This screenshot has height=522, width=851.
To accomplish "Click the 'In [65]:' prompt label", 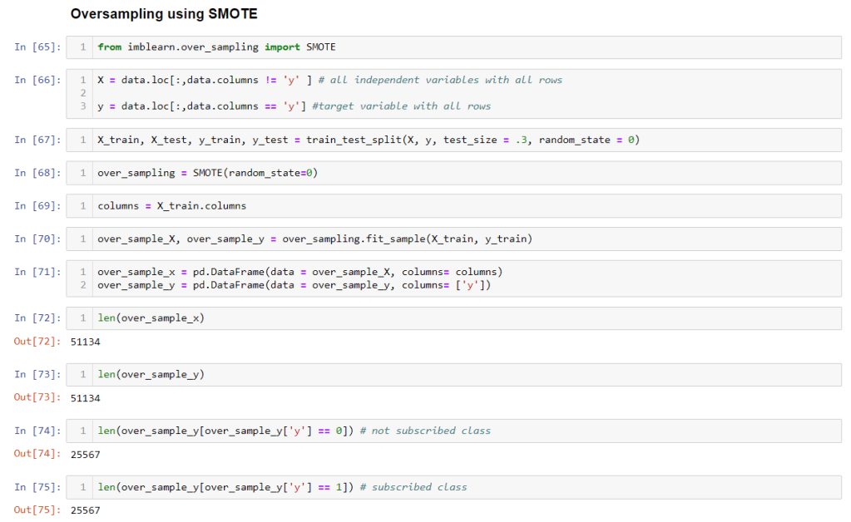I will (x=37, y=47).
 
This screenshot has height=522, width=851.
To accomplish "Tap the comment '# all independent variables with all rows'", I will (x=440, y=80).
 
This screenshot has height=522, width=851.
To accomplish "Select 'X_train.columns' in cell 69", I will (x=201, y=205).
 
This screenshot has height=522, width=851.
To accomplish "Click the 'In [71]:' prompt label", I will (x=37, y=272).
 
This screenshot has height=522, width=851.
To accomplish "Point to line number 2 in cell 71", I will (x=83, y=285).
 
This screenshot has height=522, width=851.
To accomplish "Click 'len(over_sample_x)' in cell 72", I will (x=151, y=318).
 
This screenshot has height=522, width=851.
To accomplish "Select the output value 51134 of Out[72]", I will (x=86, y=342).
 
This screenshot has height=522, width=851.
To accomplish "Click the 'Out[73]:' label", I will (x=37, y=397).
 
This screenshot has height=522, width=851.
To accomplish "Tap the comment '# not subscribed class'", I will (x=425, y=431).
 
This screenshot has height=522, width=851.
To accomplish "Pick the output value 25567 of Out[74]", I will (x=86, y=454).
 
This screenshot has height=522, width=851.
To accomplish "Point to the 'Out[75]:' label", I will (x=37, y=510).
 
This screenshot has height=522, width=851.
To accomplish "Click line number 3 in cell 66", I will (x=83, y=106).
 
